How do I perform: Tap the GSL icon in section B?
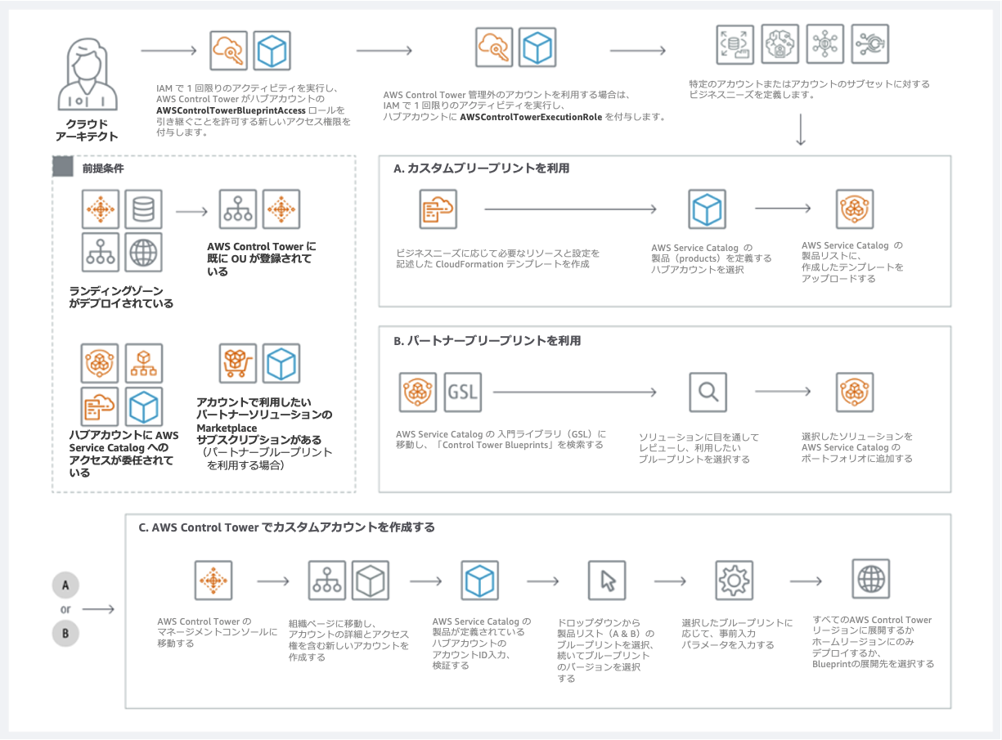462,392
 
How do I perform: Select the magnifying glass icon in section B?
708,392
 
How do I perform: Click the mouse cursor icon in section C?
607,581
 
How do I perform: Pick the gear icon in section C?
734,581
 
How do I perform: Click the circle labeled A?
65,585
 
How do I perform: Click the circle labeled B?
65,632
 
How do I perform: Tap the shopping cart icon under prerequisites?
238,363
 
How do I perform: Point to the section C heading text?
286,527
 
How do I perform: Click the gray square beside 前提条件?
62,167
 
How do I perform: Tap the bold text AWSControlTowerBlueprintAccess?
231,110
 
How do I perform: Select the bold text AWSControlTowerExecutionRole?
532,118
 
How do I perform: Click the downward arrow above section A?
801,131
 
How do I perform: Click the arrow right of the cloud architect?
168,51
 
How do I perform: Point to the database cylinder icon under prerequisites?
143,209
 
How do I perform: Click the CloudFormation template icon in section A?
438,209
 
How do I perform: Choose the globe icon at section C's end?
870,580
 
